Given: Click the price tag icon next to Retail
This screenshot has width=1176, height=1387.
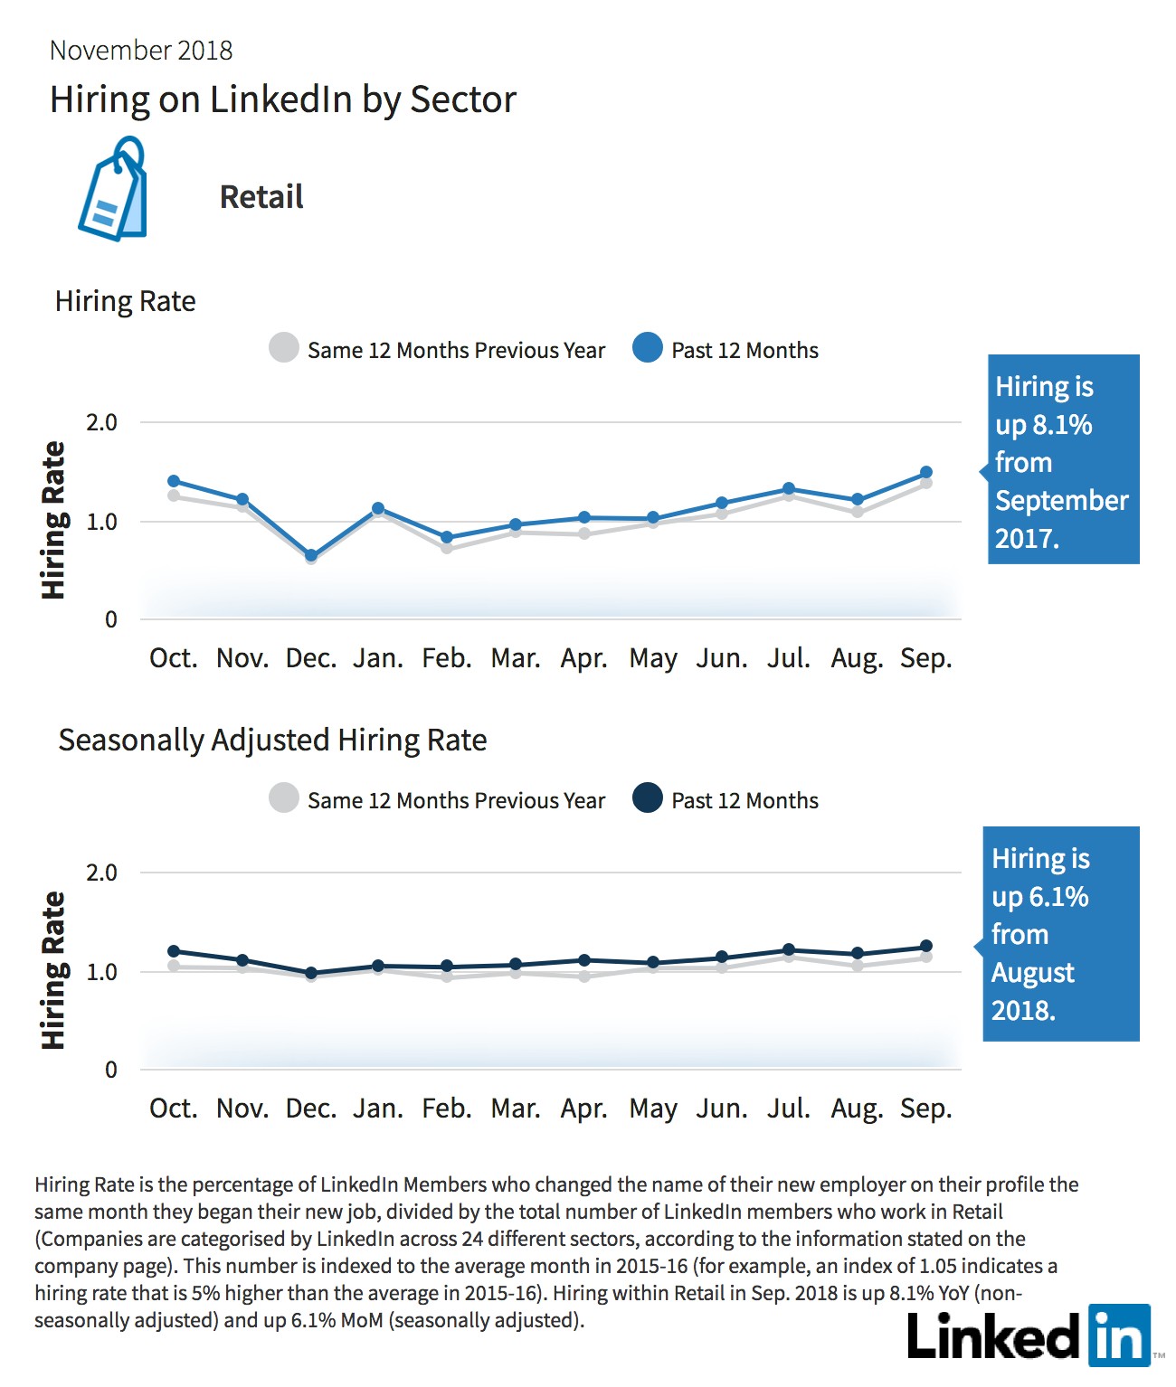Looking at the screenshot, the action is (x=113, y=189).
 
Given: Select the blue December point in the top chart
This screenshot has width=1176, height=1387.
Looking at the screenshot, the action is (x=311, y=555).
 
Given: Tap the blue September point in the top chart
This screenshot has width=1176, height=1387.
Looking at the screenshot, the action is (x=925, y=472).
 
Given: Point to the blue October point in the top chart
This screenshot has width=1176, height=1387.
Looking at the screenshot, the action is (x=173, y=481).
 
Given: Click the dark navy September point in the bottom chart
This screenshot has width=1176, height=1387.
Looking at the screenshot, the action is (x=925, y=946).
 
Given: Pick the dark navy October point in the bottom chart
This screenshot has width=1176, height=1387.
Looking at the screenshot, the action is (x=173, y=951).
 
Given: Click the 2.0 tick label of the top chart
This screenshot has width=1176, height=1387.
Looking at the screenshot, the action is (x=101, y=423).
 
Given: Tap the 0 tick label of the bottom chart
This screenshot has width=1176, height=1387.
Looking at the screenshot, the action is (x=110, y=1070).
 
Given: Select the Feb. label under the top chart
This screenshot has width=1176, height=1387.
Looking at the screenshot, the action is (x=446, y=658).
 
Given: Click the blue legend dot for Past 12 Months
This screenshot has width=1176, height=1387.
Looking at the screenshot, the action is (x=648, y=347).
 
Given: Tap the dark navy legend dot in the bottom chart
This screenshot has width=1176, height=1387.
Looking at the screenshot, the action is (x=648, y=797).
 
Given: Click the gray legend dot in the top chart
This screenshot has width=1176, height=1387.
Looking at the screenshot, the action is (x=284, y=347).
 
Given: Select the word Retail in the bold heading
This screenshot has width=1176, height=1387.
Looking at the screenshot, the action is (x=261, y=197).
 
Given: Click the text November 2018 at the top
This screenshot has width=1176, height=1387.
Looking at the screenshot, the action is (x=141, y=51).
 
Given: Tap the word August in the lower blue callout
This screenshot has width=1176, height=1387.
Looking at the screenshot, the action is (x=1032, y=972).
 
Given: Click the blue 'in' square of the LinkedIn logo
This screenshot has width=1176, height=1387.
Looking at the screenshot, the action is (x=1120, y=1335).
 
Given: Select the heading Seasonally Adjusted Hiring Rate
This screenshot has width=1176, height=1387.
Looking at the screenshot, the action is (x=272, y=741).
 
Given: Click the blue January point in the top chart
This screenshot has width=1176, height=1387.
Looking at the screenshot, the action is (x=378, y=508).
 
